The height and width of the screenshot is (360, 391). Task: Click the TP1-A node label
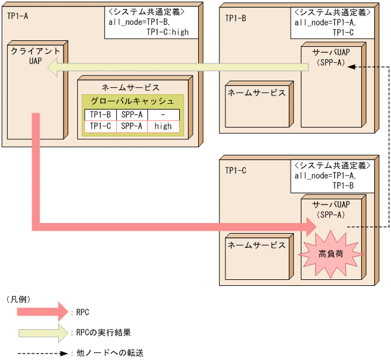click(17, 16)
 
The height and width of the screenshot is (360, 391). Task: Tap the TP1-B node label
click(236, 18)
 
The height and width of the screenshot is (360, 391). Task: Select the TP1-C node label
click(236, 170)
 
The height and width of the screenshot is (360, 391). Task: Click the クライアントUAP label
click(35, 57)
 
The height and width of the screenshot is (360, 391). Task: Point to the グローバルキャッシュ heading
click(132, 101)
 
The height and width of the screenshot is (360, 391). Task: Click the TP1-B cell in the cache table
click(101, 114)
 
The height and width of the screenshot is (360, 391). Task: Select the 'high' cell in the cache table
click(163, 126)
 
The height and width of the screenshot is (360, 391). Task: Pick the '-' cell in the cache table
click(163, 114)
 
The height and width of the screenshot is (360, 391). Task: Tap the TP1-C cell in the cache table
click(101, 126)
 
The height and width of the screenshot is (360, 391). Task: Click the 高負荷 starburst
click(330, 253)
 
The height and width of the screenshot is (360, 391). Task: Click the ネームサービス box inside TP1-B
click(257, 93)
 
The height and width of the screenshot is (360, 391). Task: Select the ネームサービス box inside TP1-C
click(257, 246)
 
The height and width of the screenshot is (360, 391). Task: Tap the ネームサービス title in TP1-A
click(131, 87)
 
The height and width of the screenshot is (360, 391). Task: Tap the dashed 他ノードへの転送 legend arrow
click(39, 352)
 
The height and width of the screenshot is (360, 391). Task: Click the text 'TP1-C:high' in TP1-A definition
click(167, 32)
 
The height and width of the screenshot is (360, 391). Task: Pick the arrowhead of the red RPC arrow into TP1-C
click(310, 226)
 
